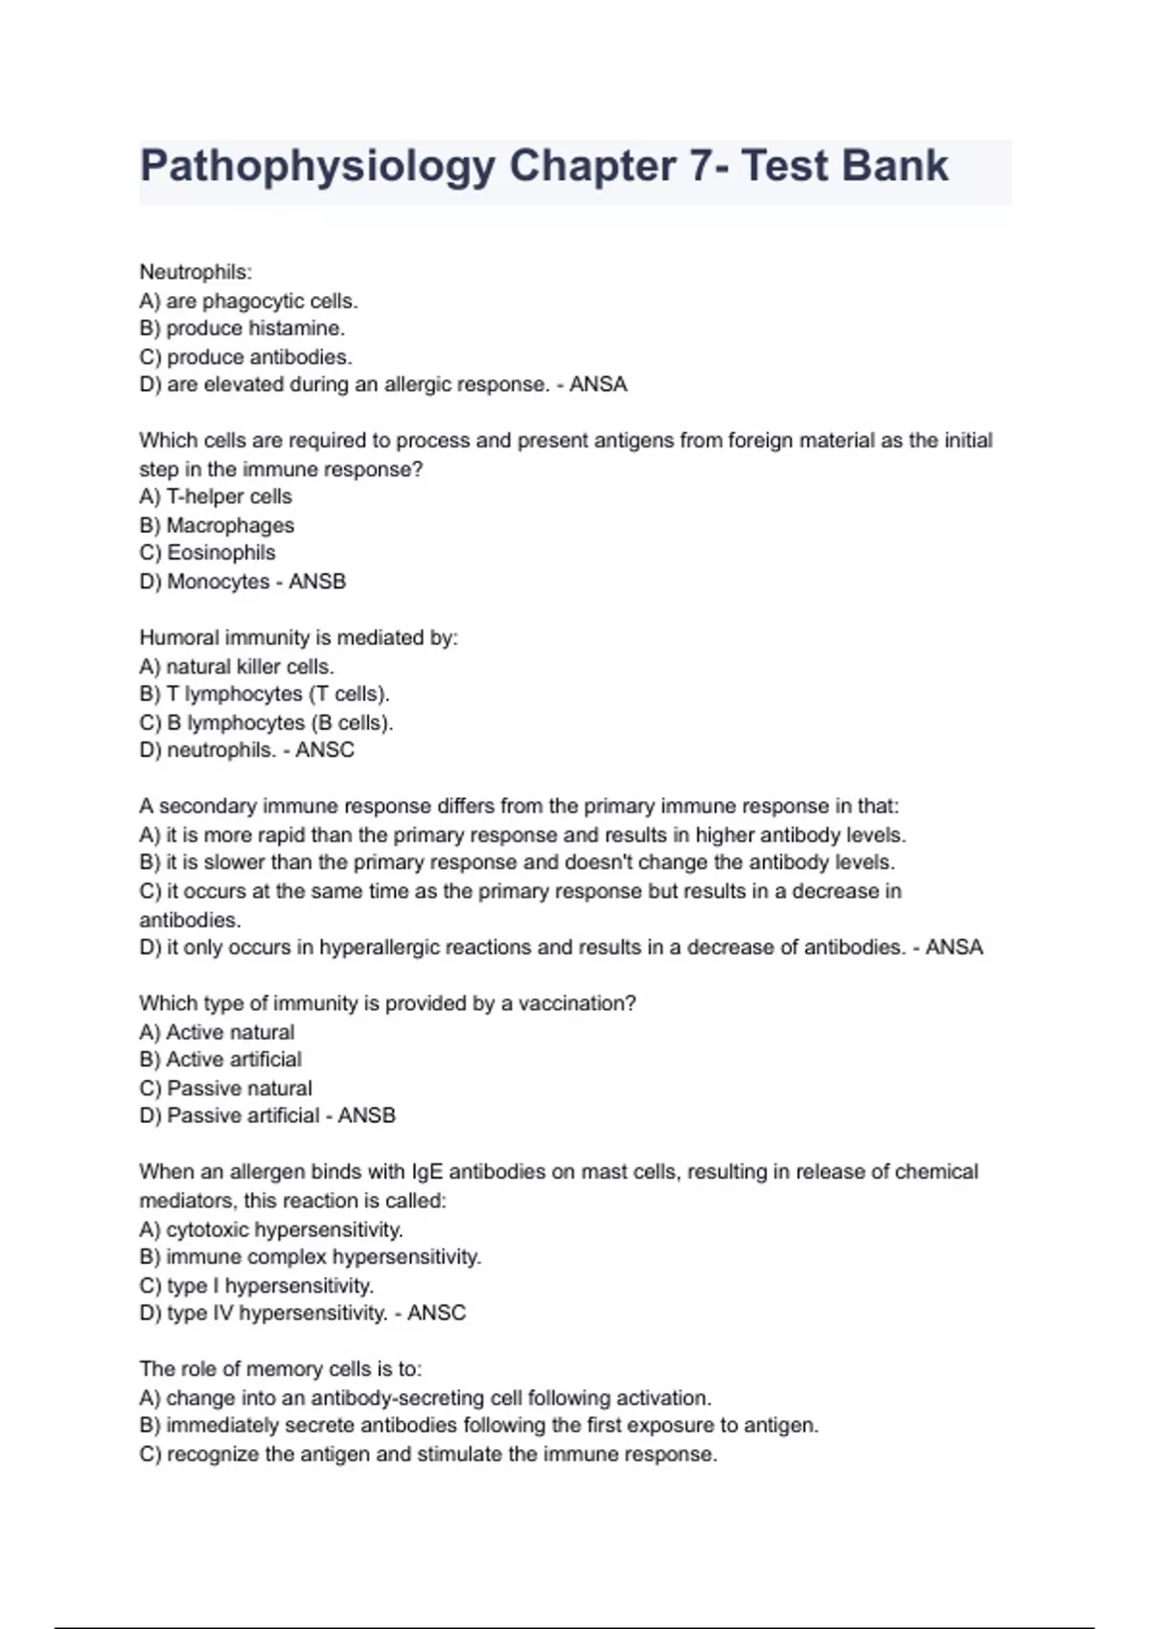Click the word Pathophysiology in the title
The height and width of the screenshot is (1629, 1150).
[x=317, y=167]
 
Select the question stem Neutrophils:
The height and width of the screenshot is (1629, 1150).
[x=195, y=272]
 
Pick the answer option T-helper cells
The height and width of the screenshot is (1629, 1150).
[x=229, y=496]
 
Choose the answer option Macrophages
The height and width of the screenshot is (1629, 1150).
[x=230, y=525]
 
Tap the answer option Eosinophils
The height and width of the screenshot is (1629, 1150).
[x=220, y=553]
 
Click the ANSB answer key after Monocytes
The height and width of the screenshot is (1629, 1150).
[x=317, y=582]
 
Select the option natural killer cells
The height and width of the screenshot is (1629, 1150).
[x=249, y=666]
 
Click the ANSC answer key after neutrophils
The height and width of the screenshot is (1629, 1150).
[x=325, y=750]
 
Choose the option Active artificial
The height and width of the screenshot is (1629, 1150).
[x=234, y=1060]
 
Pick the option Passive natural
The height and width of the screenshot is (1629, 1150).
[x=239, y=1089]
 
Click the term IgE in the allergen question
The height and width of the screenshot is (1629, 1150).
[x=427, y=1172]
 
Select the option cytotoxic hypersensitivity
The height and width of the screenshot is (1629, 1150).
[x=284, y=1229]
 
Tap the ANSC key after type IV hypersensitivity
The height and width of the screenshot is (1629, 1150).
[x=437, y=1313]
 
